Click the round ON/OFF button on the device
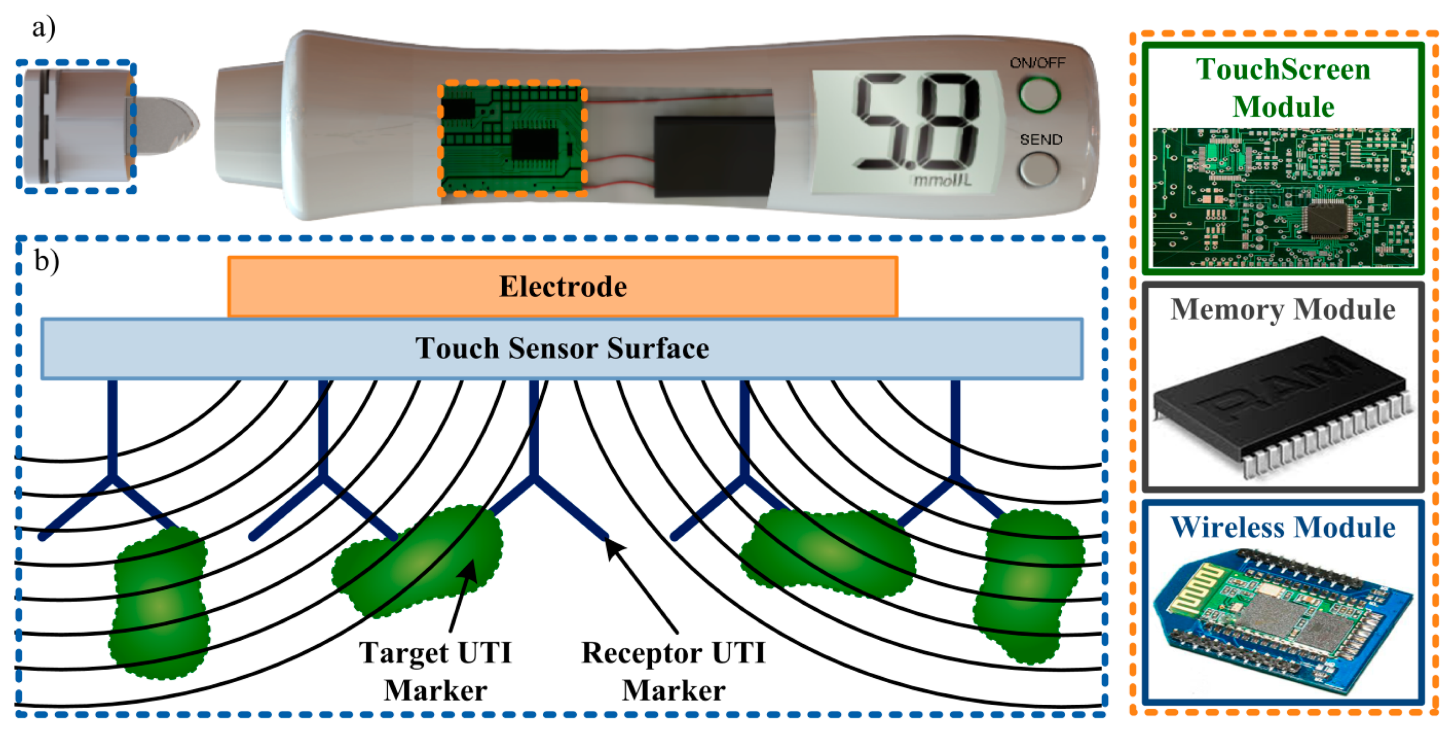(x=1039, y=94)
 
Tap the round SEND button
(x=1039, y=168)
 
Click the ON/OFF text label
(x=1037, y=62)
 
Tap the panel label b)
(x=46, y=261)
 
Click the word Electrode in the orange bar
(x=563, y=287)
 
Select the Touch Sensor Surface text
(x=562, y=348)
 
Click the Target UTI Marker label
(x=435, y=671)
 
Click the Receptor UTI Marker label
(x=673, y=671)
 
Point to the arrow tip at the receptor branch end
(x=608, y=542)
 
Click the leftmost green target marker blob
(x=160, y=604)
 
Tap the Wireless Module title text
(x=1282, y=527)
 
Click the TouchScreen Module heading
(x=1282, y=88)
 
